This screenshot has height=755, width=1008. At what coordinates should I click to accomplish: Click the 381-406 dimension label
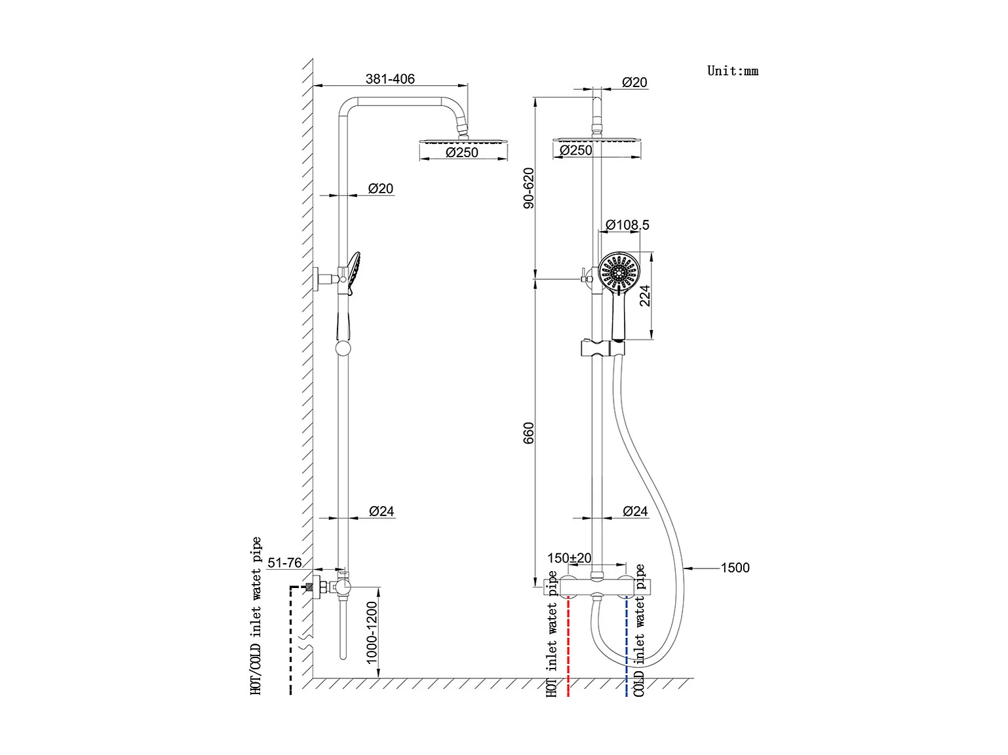click(x=390, y=79)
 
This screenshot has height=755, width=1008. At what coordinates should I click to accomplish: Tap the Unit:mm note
click(x=732, y=71)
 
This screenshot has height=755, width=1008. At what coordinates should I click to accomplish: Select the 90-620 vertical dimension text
click(x=529, y=188)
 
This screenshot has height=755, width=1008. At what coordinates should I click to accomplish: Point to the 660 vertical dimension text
click(x=529, y=433)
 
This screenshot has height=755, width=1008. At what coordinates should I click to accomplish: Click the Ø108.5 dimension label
click(x=627, y=225)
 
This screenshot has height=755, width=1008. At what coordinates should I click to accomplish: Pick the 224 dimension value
click(x=645, y=295)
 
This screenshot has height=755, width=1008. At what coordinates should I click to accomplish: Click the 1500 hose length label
click(x=735, y=568)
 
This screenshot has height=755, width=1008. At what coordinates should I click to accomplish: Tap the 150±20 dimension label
click(x=569, y=559)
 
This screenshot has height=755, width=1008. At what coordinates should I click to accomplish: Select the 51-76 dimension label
click(x=284, y=563)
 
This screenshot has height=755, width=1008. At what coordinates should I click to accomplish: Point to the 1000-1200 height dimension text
click(x=372, y=633)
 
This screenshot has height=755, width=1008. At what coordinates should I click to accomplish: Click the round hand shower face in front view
click(x=618, y=272)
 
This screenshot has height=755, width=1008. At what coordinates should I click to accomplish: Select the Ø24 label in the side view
click(x=381, y=511)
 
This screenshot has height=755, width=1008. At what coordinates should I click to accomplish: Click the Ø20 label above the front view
click(x=634, y=83)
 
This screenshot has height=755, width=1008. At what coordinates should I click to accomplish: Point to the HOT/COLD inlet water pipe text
click(x=256, y=616)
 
